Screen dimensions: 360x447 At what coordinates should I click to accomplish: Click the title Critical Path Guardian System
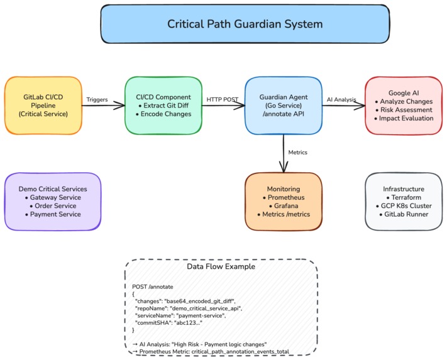[245, 25]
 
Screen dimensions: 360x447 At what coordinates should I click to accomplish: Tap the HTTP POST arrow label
[222, 99]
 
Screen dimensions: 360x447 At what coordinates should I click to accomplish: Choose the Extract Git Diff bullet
[165, 106]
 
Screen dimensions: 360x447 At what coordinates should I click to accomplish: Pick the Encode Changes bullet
[165, 115]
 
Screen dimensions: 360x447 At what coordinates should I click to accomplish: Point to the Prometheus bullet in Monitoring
[284, 197]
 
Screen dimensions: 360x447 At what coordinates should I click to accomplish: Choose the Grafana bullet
[284, 206]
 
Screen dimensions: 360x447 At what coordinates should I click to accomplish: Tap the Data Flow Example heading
[220, 266]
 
